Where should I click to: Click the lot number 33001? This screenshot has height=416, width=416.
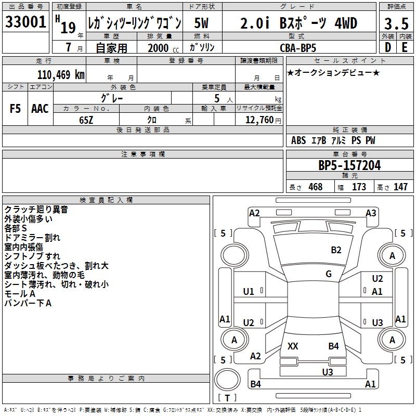click(x=26, y=22)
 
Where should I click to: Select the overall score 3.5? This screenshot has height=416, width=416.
click(x=396, y=23)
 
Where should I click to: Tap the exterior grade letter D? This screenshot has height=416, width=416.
click(x=387, y=47)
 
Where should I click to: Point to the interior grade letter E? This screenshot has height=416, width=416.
click(x=404, y=47)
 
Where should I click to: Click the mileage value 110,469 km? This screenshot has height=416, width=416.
click(x=61, y=75)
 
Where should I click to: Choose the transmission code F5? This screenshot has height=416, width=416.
click(x=16, y=109)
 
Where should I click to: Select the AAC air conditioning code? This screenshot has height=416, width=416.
click(x=40, y=109)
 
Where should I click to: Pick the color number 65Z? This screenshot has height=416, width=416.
click(x=86, y=120)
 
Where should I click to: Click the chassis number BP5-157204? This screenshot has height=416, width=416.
click(x=349, y=165)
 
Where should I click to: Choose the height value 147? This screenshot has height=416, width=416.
click(x=400, y=187)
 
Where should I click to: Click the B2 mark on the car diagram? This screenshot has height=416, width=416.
click(x=336, y=250)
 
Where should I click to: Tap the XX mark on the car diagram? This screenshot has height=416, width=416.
click(x=293, y=346)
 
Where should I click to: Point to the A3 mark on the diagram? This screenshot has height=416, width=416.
click(x=371, y=213)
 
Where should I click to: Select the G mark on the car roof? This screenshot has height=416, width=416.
click(x=329, y=274)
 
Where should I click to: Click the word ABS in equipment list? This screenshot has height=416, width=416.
click(x=298, y=140)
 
